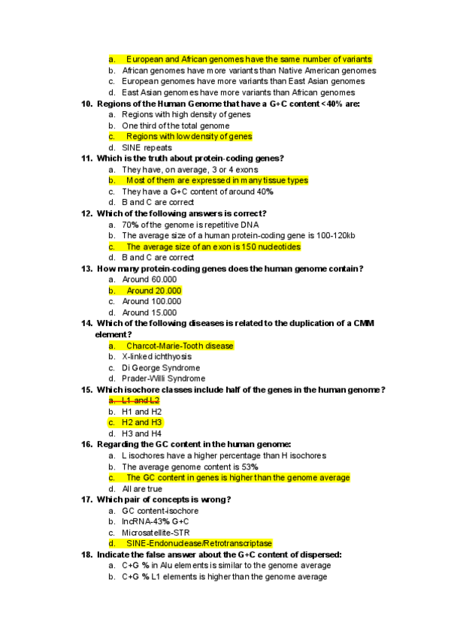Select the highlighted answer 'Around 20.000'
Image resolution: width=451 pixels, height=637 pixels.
[x=153, y=291]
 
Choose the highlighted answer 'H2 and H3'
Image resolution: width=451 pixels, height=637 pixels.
[x=143, y=422]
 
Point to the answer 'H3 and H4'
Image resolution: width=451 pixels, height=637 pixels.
[x=141, y=433]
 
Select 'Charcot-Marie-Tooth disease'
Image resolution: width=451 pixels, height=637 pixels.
[x=180, y=346]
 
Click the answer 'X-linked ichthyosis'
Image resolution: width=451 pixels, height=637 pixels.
[x=156, y=357]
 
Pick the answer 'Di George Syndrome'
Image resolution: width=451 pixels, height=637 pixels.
[x=161, y=368]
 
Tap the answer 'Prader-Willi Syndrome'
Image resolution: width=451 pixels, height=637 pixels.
[x=163, y=379]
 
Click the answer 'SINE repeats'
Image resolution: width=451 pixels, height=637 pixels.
[x=147, y=148]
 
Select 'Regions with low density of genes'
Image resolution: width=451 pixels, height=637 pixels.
[x=188, y=137]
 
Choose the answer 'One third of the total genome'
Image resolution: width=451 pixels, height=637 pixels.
[x=175, y=125]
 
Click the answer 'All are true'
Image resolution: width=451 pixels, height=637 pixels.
[x=142, y=488]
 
